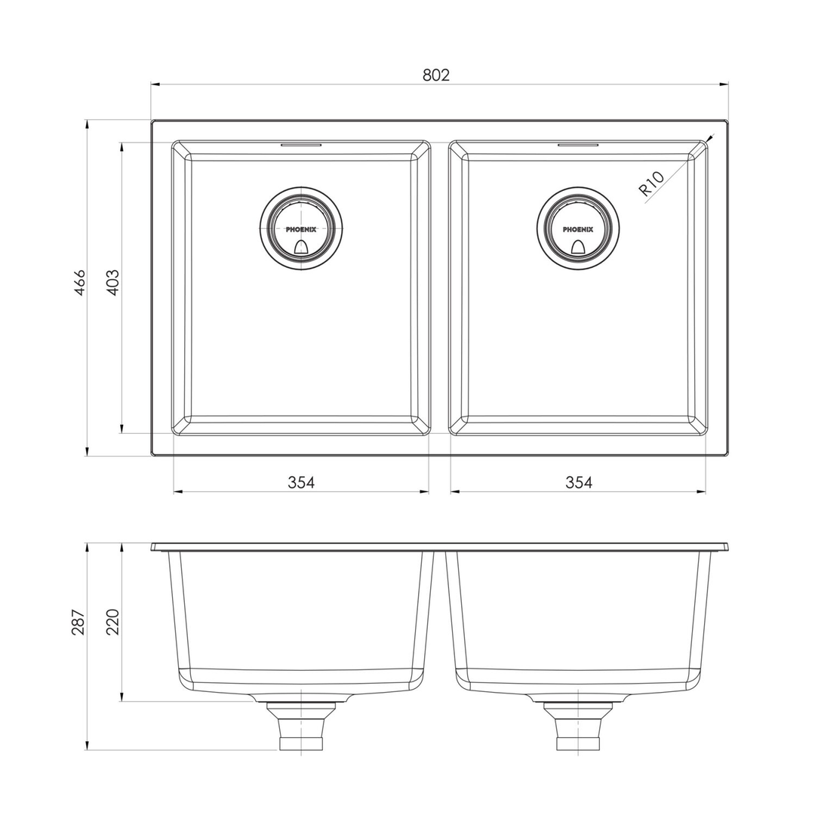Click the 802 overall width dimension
click(436, 75)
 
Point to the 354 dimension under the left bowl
click(301, 483)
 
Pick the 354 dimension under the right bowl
click(579, 483)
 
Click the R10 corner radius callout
click(651, 184)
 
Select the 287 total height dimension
click(78, 621)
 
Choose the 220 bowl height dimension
click(112, 621)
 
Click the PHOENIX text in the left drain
click(301, 229)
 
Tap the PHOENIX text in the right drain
click(578, 229)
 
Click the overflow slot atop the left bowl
click(301, 144)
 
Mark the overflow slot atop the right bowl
click(578, 144)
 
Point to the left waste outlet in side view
click(301, 726)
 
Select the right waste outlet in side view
click(578, 726)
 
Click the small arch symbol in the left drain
click(301, 246)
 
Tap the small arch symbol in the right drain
click(578, 246)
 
